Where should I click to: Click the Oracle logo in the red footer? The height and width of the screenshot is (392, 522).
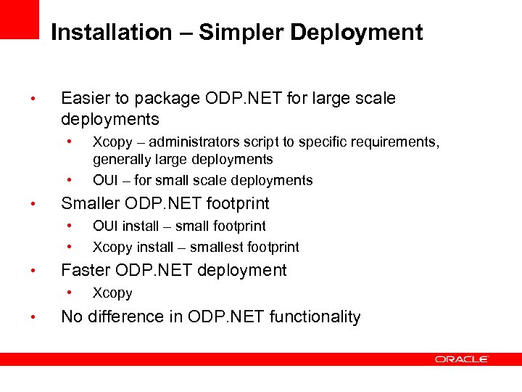tap(462, 359)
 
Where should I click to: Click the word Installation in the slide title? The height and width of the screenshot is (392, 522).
tap(111, 33)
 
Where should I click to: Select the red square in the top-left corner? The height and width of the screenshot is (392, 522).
tap(19, 18)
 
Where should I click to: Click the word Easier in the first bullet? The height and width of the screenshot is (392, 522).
tap(84, 98)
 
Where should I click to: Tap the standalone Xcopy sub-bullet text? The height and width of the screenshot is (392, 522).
tap(112, 293)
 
